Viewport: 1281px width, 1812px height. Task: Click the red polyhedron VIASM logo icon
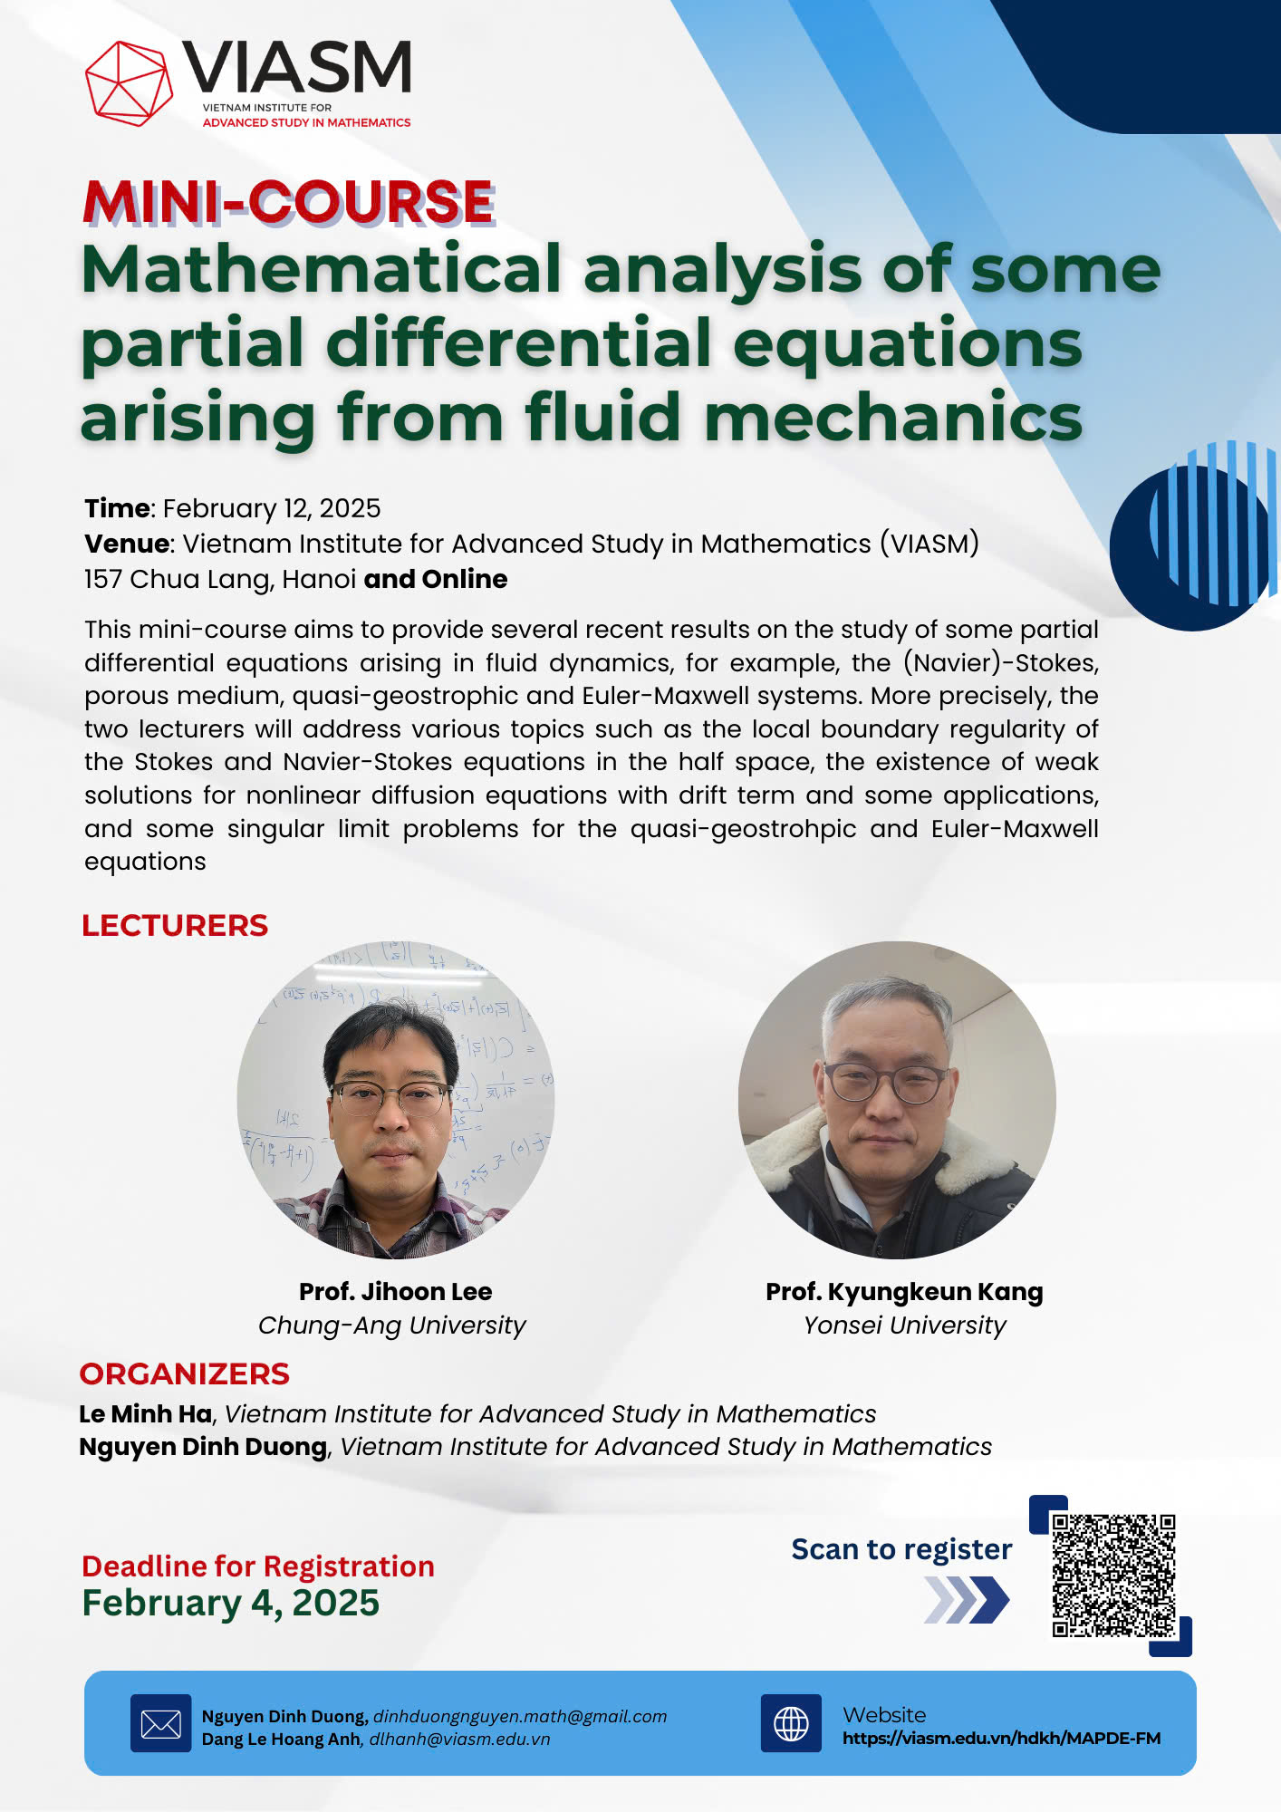click(x=130, y=82)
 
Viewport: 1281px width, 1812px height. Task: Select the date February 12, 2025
click(x=272, y=508)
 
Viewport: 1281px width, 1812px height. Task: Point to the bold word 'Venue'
click(x=127, y=544)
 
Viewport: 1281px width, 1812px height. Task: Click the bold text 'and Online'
click(x=436, y=579)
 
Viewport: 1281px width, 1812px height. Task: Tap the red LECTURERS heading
click(x=175, y=925)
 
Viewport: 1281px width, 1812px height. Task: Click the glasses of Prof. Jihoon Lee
click(x=391, y=1097)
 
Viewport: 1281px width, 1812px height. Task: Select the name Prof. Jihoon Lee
click(x=396, y=1291)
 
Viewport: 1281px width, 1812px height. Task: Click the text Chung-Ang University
click(x=392, y=1325)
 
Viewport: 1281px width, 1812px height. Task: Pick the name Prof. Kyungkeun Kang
click(x=904, y=1292)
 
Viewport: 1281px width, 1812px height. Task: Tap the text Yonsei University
click(x=905, y=1325)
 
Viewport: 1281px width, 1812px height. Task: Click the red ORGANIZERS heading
click(x=185, y=1373)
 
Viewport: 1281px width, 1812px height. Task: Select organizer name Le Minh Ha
click(x=145, y=1413)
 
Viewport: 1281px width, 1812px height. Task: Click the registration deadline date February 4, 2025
click(x=231, y=1603)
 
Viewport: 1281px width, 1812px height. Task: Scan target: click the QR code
click(x=1113, y=1576)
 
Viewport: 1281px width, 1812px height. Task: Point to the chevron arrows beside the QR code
click(x=967, y=1600)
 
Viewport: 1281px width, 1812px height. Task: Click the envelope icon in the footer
click(x=161, y=1723)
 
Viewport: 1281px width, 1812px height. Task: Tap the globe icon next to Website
click(x=791, y=1723)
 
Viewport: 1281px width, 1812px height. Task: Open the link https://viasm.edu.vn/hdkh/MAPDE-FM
click(x=1002, y=1738)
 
